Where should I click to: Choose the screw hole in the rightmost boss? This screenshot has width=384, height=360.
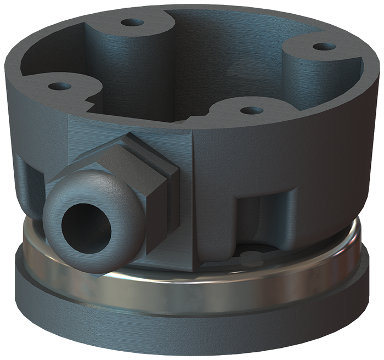coord(328,46)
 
